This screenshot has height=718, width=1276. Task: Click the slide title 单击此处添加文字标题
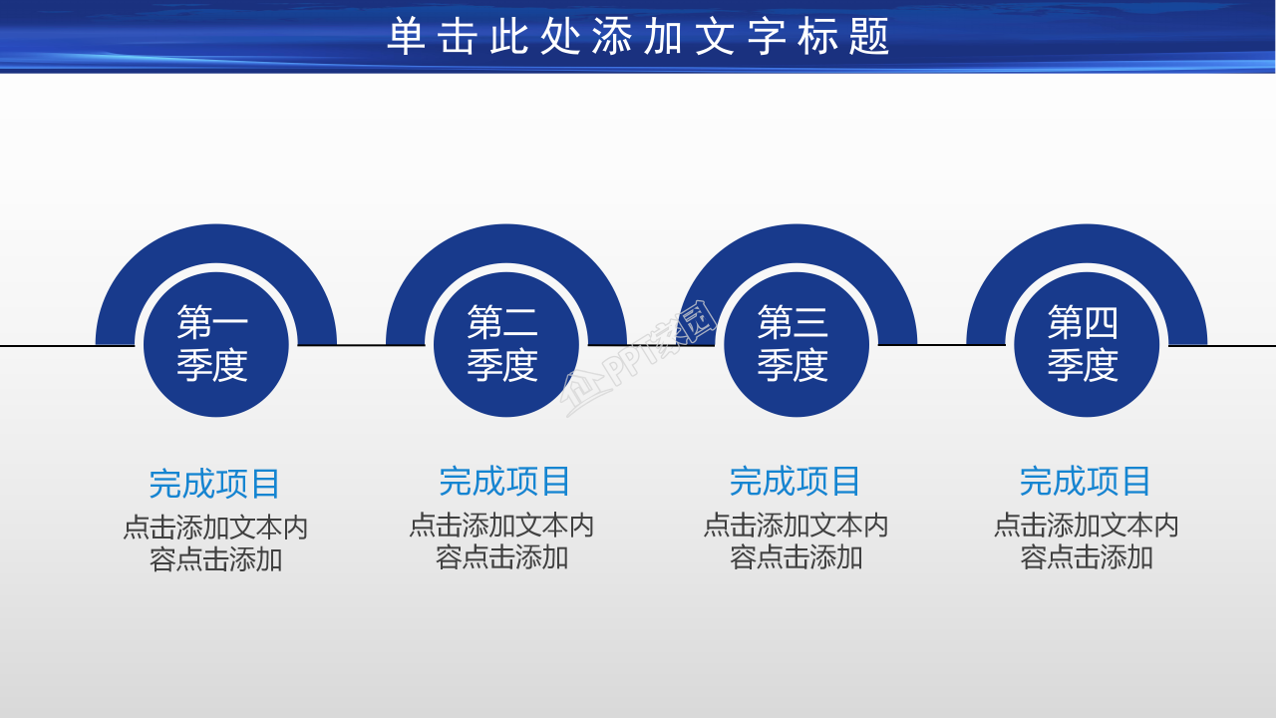click(x=638, y=37)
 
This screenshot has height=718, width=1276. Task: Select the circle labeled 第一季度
click(x=215, y=344)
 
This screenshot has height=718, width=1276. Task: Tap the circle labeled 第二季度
click(x=505, y=344)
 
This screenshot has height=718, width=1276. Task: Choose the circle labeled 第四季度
click(x=1086, y=344)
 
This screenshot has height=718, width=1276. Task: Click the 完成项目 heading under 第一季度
click(x=215, y=484)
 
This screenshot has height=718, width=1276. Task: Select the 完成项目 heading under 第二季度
click(x=505, y=482)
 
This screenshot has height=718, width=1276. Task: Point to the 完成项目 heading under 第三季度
click(x=796, y=482)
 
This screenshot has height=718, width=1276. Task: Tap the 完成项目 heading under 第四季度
click(x=1086, y=482)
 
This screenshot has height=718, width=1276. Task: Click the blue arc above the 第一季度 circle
click(x=215, y=244)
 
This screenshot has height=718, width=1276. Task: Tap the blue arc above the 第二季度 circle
click(x=505, y=244)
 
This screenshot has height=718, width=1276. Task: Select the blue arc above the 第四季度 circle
click(x=1086, y=244)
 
